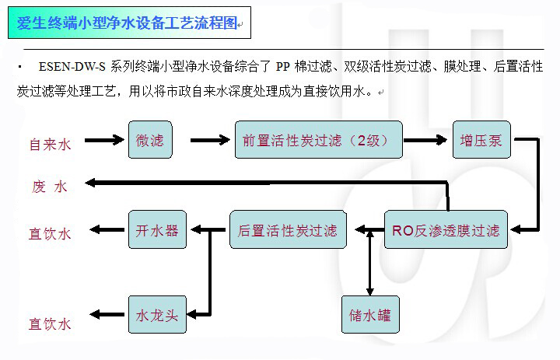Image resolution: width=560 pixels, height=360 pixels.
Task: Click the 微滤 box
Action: (149, 141)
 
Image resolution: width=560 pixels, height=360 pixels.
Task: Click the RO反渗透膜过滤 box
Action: (446, 229)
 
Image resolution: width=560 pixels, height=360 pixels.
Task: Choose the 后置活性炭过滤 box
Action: (287, 230)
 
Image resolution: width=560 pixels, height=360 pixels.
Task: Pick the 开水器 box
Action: (157, 230)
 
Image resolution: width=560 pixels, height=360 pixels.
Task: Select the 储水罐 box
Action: (370, 316)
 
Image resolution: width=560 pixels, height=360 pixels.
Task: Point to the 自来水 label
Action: (50, 144)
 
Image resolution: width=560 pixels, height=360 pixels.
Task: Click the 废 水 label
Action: (50, 187)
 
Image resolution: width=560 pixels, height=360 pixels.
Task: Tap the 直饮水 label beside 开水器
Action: (50, 233)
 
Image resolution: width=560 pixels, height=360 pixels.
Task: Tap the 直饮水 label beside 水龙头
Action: (50, 323)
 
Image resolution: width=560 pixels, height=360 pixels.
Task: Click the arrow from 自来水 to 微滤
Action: (103, 141)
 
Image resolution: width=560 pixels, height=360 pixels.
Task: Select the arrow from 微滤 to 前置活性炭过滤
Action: (210, 141)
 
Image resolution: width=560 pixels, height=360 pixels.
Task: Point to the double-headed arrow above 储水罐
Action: (370, 264)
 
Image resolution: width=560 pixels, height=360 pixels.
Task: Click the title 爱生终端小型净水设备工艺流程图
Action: (128, 24)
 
